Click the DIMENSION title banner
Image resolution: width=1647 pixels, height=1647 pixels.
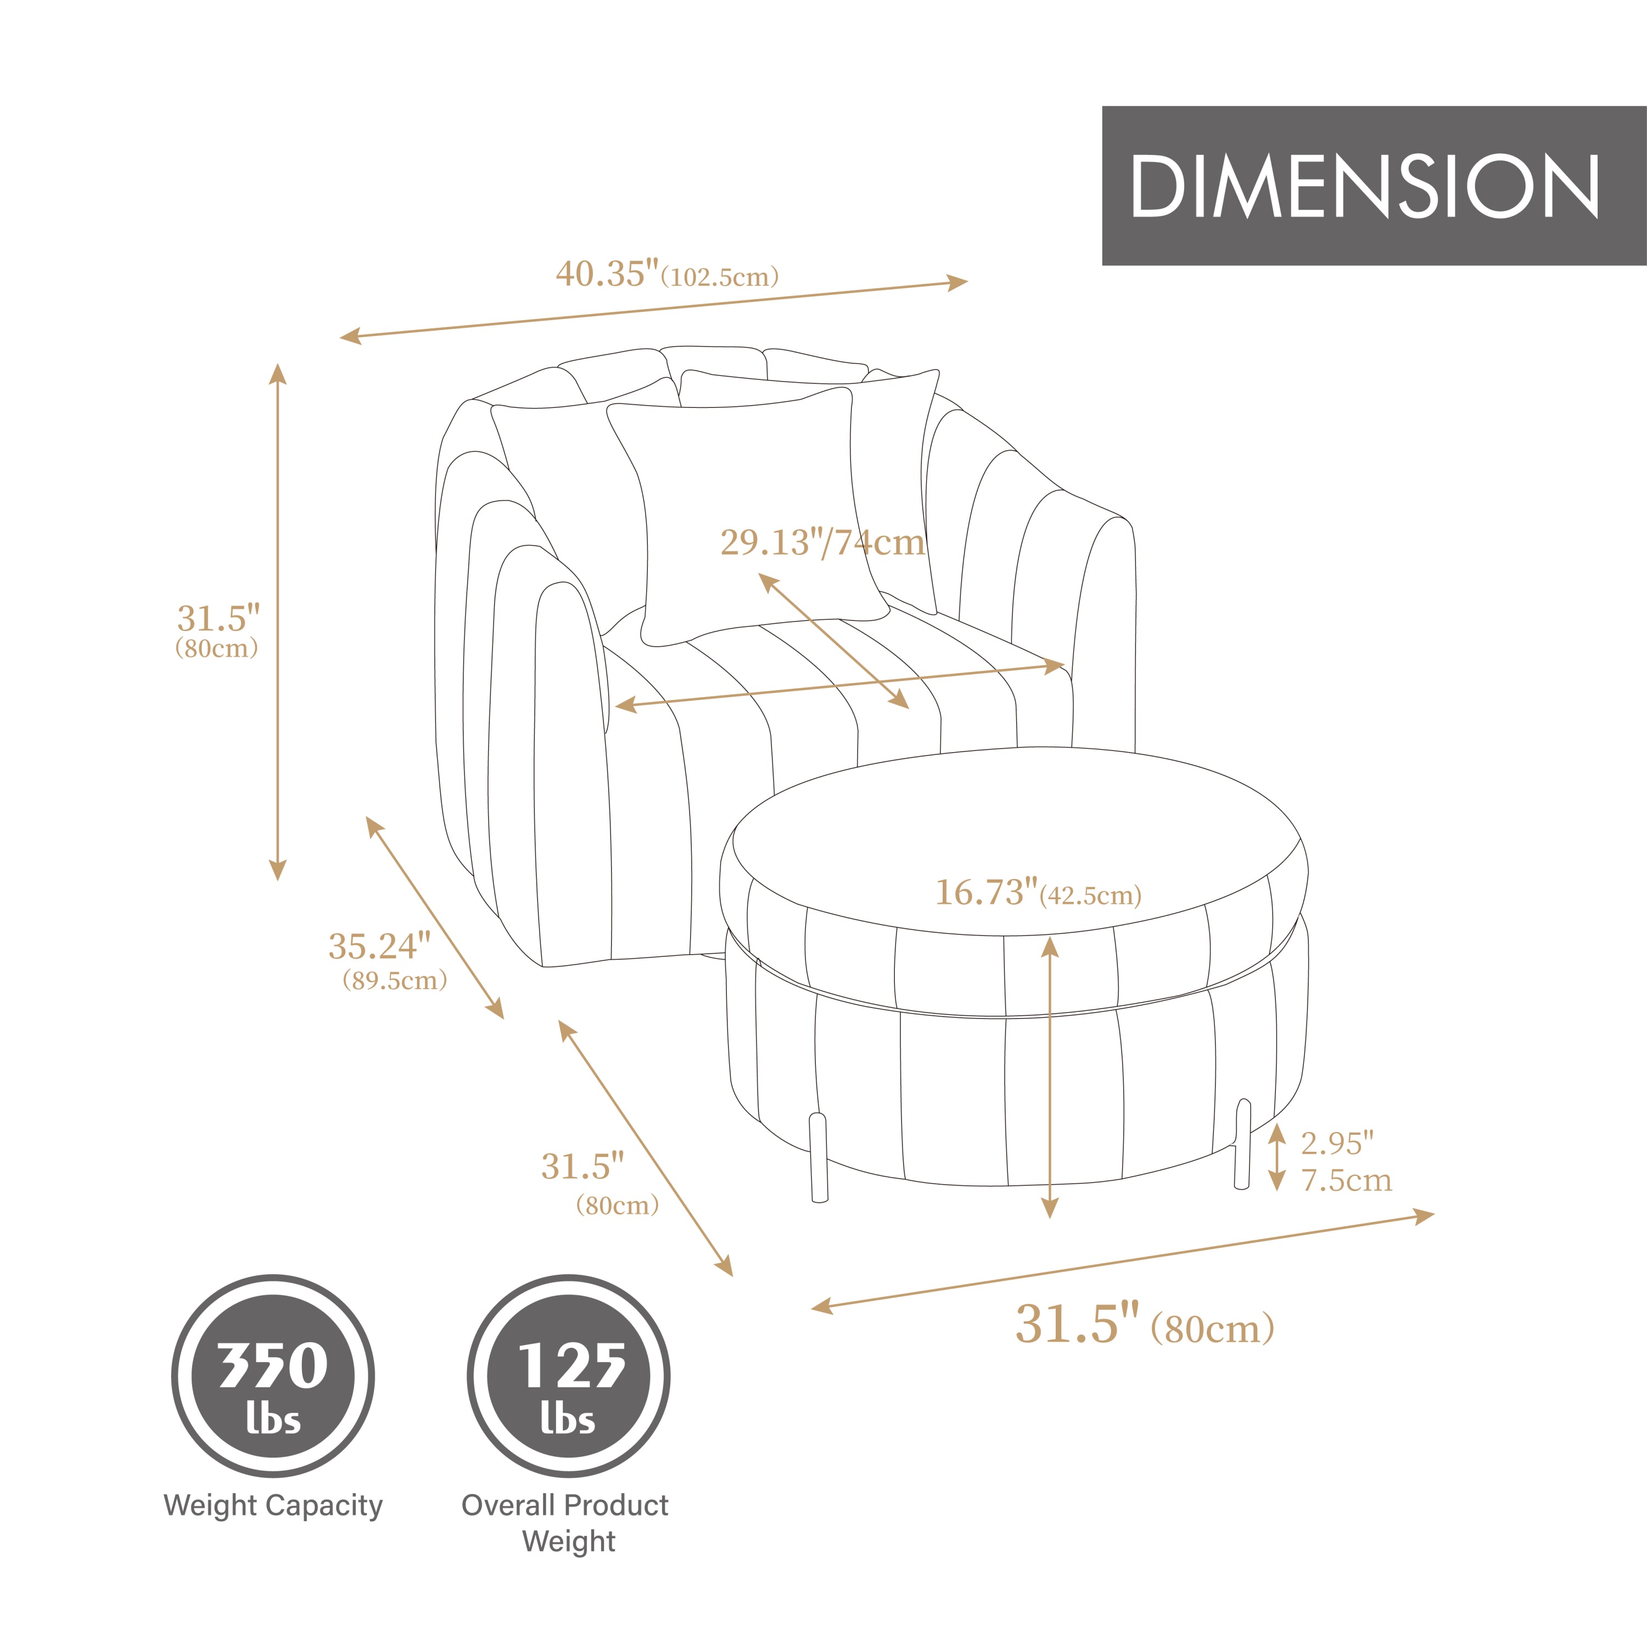[1374, 186]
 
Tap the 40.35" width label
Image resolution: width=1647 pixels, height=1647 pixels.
[607, 274]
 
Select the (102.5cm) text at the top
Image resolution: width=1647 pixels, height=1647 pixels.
[720, 278]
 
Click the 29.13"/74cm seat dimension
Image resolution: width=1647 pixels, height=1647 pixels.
[822, 543]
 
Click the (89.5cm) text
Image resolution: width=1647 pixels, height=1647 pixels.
[395, 981]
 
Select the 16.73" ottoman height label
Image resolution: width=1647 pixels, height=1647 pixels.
[987, 893]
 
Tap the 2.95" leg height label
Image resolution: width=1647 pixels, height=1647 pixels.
[1337, 1143]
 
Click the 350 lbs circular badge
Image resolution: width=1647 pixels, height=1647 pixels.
[273, 1377]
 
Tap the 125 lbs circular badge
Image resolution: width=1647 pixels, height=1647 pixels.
[568, 1377]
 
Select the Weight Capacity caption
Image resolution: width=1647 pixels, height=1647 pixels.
[273, 1505]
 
